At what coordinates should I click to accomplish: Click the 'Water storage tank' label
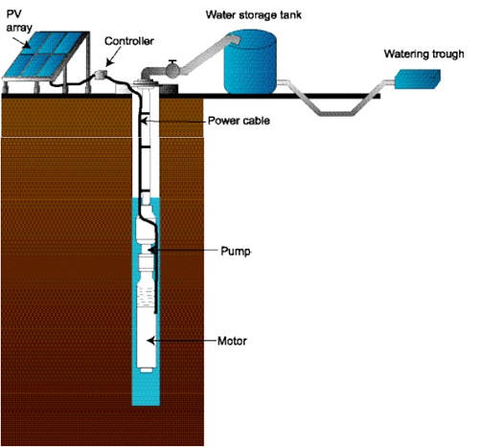(253, 15)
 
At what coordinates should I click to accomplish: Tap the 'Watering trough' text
(423, 54)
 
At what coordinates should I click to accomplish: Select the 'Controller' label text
(129, 41)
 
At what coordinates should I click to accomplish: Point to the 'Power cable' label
(239, 121)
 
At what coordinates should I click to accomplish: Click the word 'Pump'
(236, 251)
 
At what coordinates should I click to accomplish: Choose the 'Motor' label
(232, 341)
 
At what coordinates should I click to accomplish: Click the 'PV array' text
(19, 21)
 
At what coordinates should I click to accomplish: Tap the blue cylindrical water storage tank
(250, 61)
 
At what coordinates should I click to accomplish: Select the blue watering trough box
(418, 78)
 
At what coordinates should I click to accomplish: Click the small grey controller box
(101, 75)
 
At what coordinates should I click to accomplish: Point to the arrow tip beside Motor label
(148, 341)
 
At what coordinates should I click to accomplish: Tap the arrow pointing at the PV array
(22, 40)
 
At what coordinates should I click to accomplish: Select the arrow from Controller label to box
(113, 56)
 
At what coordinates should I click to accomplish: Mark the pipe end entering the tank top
(235, 39)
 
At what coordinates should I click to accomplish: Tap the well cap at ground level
(146, 83)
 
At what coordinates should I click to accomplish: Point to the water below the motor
(146, 390)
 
